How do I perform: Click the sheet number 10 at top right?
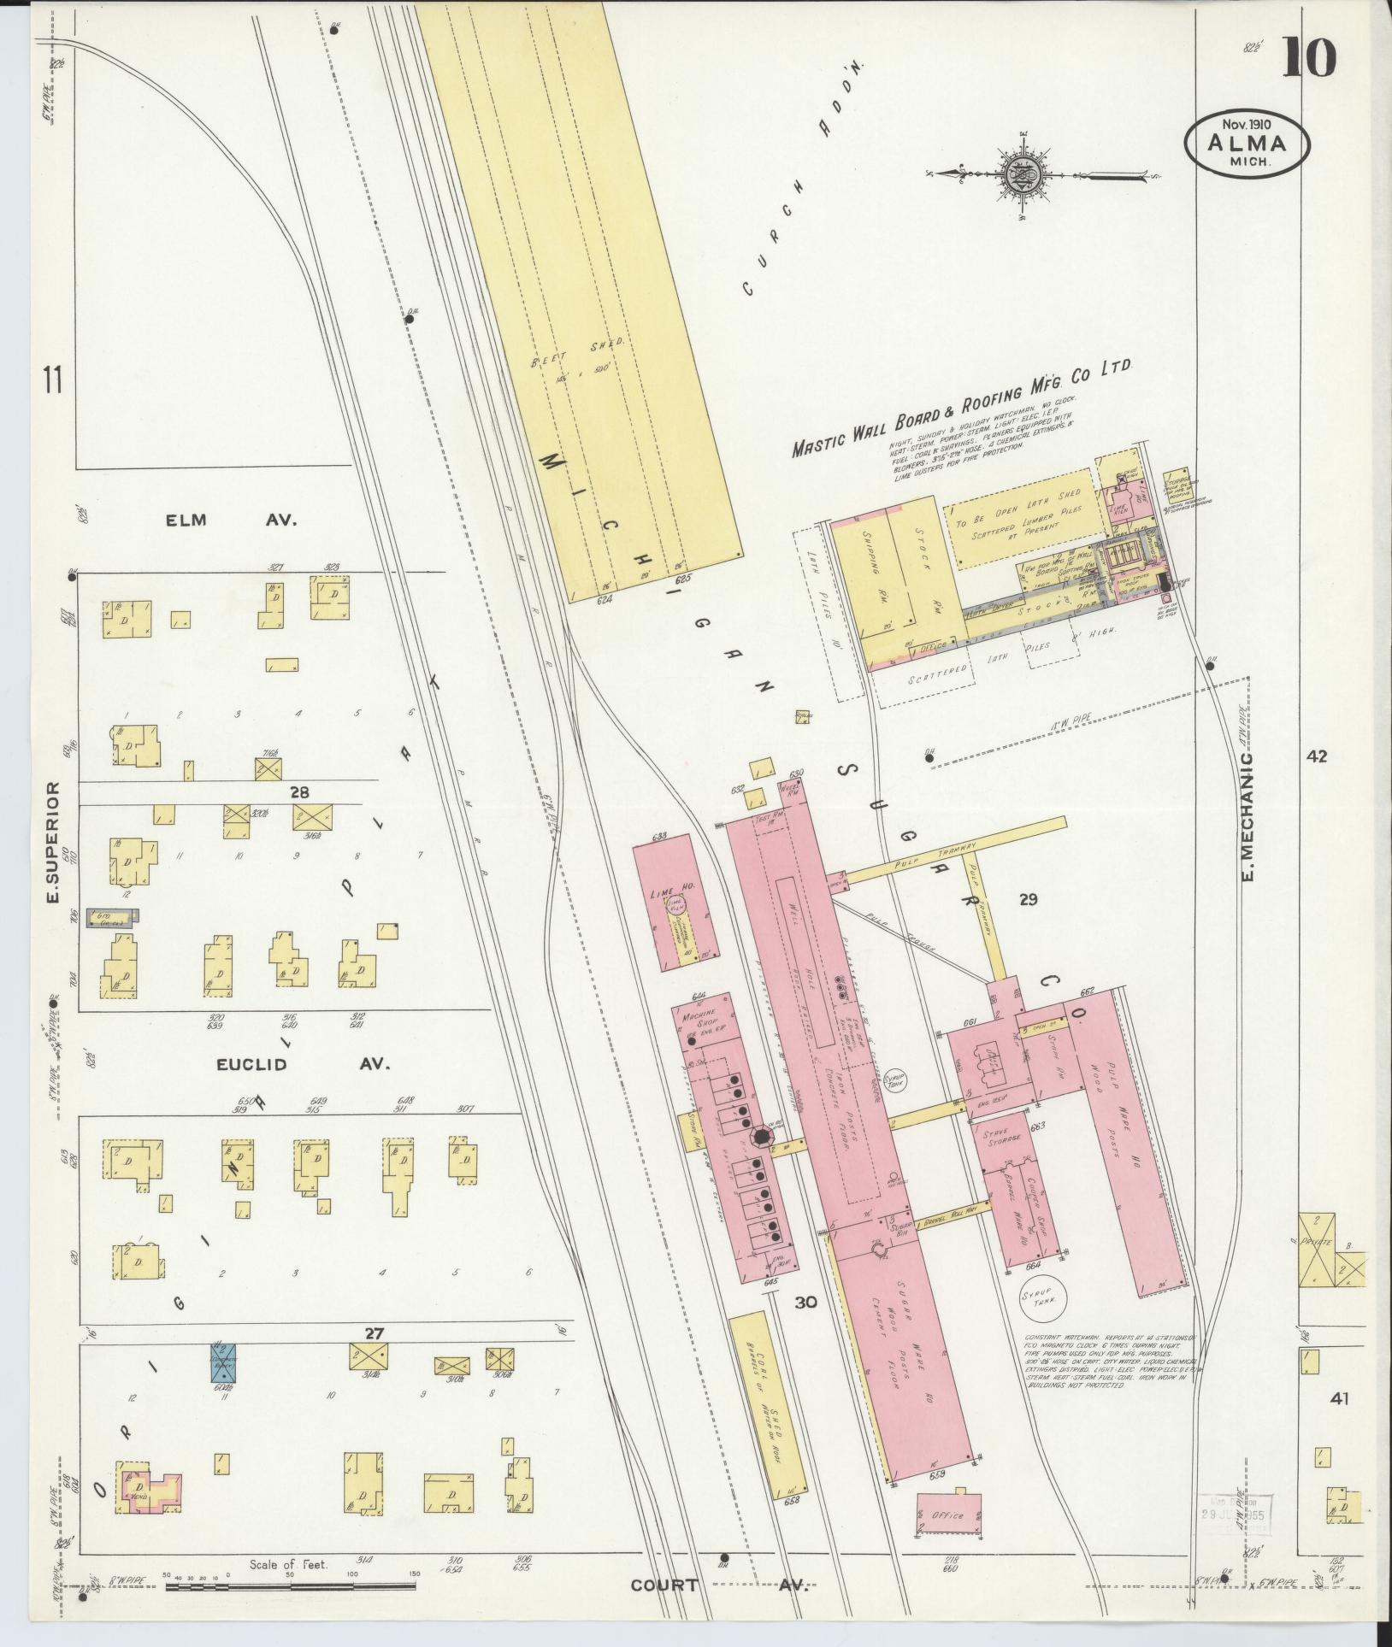(1308, 59)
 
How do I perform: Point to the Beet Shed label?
(579, 352)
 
